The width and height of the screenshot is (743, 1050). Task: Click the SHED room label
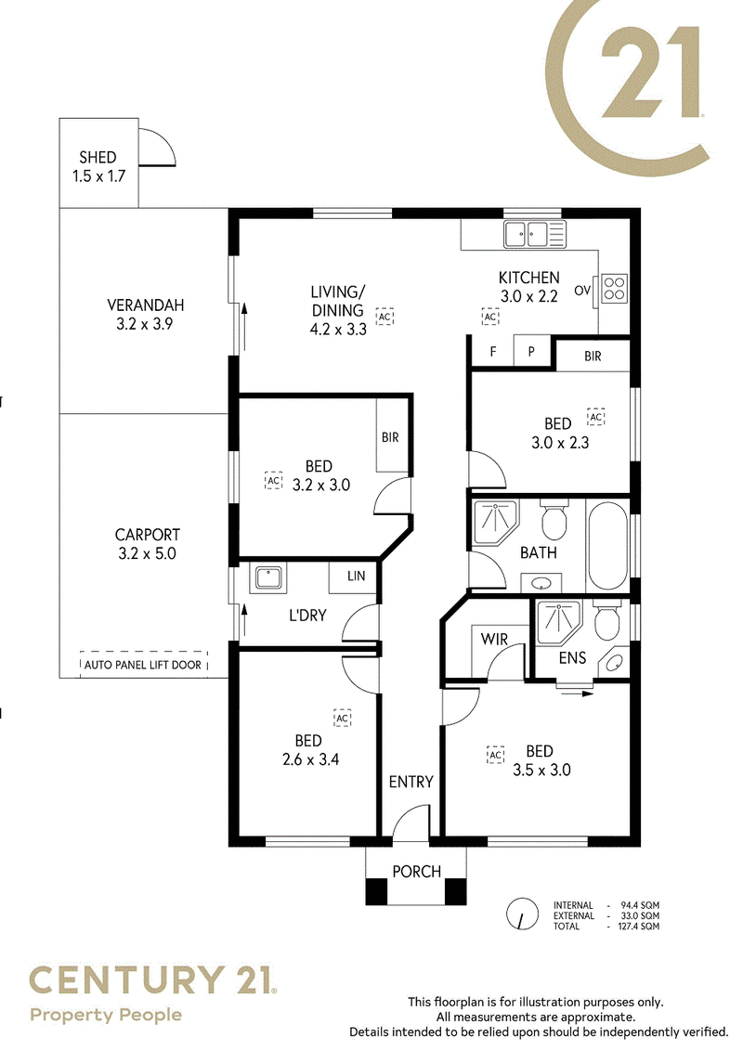point(98,158)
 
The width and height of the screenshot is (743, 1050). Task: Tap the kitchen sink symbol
point(535,234)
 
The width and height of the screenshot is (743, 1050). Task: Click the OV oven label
point(582,291)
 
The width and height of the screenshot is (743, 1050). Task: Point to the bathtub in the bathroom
point(607,544)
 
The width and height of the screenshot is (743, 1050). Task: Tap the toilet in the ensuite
point(607,622)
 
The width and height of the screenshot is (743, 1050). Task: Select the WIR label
point(494,639)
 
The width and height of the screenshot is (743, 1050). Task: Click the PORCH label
point(417,871)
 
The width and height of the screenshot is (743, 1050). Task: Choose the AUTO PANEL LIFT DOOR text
point(143,665)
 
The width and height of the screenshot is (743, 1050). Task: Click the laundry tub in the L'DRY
point(268,577)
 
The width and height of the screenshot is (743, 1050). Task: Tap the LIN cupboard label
point(357,576)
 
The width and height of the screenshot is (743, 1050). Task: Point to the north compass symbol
point(522,914)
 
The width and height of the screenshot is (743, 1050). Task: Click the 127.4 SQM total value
point(640,927)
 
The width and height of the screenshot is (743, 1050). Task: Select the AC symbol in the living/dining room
point(385,317)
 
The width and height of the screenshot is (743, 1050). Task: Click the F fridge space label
point(493,352)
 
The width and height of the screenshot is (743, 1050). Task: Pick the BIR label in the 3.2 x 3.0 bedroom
point(390,437)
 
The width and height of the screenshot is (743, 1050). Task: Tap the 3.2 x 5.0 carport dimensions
point(147,554)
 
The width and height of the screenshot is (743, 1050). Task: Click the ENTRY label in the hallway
point(411,782)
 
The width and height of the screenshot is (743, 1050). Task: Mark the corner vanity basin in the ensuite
point(614,663)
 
